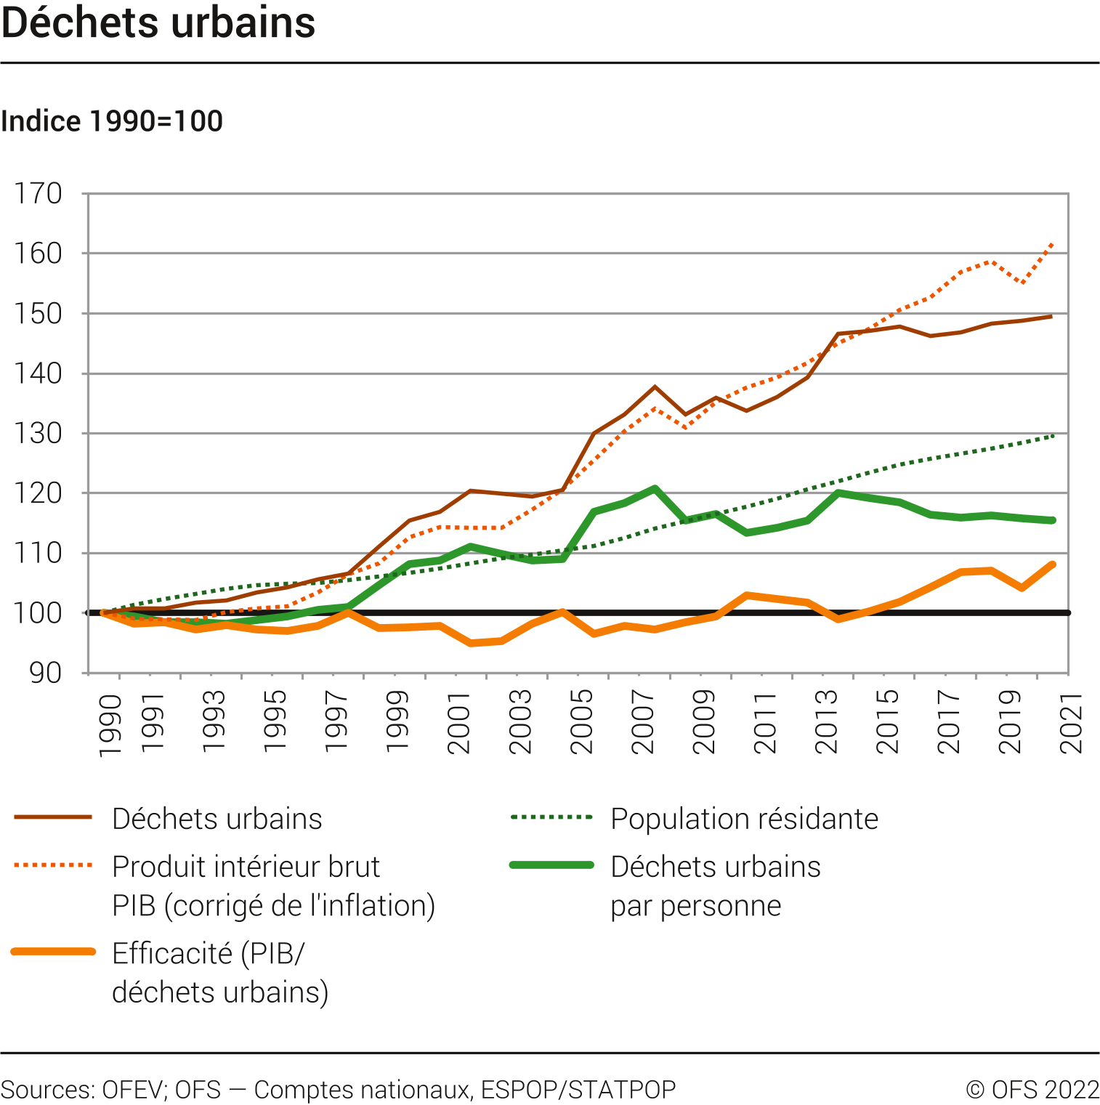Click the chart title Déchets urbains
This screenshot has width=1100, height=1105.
pyautogui.click(x=158, y=23)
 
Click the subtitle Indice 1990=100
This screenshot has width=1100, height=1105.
pyautogui.click(x=112, y=121)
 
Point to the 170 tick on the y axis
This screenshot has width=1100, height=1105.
pyautogui.click(x=39, y=194)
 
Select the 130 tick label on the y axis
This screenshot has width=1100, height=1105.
pyautogui.click(x=39, y=434)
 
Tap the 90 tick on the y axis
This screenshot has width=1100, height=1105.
pyautogui.click(x=45, y=673)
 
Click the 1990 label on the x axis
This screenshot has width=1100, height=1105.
pyautogui.click(x=110, y=726)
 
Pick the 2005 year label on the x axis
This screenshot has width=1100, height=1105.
pyautogui.click(x=582, y=722)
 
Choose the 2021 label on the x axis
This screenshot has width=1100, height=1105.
pyautogui.click(x=1072, y=722)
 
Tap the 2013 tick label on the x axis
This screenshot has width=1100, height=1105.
pyautogui.click(x=827, y=722)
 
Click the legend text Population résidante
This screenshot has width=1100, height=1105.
pyautogui.click(x=744, y=819)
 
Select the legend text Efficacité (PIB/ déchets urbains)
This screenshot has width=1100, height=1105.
pyautogui.click(x=220, y=973)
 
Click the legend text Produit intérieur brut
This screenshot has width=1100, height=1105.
pyautogui.click(x=246, y=867)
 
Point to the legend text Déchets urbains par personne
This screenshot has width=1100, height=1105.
pyautogui.click(x=715, y=886)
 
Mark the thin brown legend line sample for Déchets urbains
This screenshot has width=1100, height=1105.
pyautogui.click(x=53, y=817)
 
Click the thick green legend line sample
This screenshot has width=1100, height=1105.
pyautogui.click(x=552, y=865)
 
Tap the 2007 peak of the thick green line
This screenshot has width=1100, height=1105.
pyautogui.click(x=655, y=488)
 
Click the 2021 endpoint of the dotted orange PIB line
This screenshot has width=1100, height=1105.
pyautogui.click(x=1053, y=244)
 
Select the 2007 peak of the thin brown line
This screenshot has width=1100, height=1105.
pyautogui.click(x=655, y=386)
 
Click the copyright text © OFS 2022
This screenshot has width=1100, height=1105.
pyautogui.click(x=1032, y=1090)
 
